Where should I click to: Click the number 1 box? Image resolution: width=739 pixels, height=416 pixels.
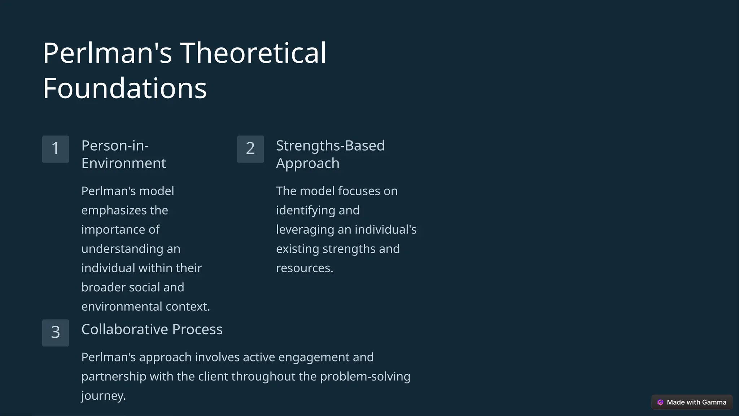[x=56, y=149]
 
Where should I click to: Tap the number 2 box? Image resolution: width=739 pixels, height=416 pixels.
[x=250, y=149]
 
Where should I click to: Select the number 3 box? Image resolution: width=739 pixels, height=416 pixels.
[x=56, y=333]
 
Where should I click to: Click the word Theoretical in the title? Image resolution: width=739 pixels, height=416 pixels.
[x=253, y=53]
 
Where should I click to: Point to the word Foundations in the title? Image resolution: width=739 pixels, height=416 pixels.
[x=125, y=88]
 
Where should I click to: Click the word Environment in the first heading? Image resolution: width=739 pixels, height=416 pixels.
[x=123, y=164]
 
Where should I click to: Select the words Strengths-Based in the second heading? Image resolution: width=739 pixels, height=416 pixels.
[x=330, y=146]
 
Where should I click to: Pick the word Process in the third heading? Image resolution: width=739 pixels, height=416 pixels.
[x=197, y=329]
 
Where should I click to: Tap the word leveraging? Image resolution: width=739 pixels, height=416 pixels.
[x=305, y=230]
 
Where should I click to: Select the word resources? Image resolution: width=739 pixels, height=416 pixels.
[x=305, y=268]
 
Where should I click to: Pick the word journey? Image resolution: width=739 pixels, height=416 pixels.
[x=103, y=396]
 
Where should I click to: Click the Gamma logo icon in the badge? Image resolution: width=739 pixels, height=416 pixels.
[x=660, y=402]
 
